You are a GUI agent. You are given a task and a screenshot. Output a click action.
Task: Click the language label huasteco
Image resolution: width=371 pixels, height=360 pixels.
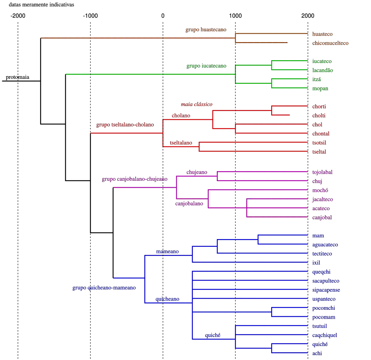tap(323, 34)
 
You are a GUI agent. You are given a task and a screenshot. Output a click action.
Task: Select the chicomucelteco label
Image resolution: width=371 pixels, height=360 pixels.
tap(330, 43)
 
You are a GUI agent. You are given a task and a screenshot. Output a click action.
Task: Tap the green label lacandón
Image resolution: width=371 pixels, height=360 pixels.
tap(323, 70)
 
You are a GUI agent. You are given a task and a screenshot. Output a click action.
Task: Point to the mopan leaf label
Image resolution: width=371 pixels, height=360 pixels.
tap(321, 88)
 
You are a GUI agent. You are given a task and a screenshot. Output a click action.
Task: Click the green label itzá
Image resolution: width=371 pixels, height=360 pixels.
tap(317, 79)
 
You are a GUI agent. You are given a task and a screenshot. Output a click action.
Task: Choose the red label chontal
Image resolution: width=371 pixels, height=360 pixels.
tap(321, 133)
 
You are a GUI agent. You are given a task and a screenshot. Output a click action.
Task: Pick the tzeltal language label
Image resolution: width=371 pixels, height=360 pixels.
tap(320, 143)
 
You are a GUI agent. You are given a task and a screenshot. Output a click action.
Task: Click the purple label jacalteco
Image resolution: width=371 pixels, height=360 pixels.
tap(323, 199)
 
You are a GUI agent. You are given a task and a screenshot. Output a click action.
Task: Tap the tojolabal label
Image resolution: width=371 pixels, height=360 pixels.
tap(322, 172)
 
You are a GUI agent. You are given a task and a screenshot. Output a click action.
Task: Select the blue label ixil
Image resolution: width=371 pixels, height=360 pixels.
tap(316, 263)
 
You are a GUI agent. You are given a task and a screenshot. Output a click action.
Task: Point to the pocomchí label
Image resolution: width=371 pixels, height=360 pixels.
tap(323, 308)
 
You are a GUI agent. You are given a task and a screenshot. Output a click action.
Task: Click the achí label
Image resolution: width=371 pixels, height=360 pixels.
tap(317, 353)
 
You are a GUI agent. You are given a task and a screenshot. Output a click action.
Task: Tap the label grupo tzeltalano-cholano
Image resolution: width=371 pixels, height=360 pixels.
tap(125, 125)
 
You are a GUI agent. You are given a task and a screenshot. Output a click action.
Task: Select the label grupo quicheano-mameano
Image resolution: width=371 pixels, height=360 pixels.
tap(104, 288)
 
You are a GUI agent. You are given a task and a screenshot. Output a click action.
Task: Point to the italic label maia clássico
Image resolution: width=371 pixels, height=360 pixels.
tap(197, 104)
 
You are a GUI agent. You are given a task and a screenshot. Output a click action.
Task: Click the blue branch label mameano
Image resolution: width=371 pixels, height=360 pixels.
tap(167, 251)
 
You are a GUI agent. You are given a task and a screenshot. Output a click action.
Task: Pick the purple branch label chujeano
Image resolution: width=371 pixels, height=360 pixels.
tap(196, 172)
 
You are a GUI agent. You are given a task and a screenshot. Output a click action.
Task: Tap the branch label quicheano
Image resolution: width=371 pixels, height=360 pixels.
tap(167, 299)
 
